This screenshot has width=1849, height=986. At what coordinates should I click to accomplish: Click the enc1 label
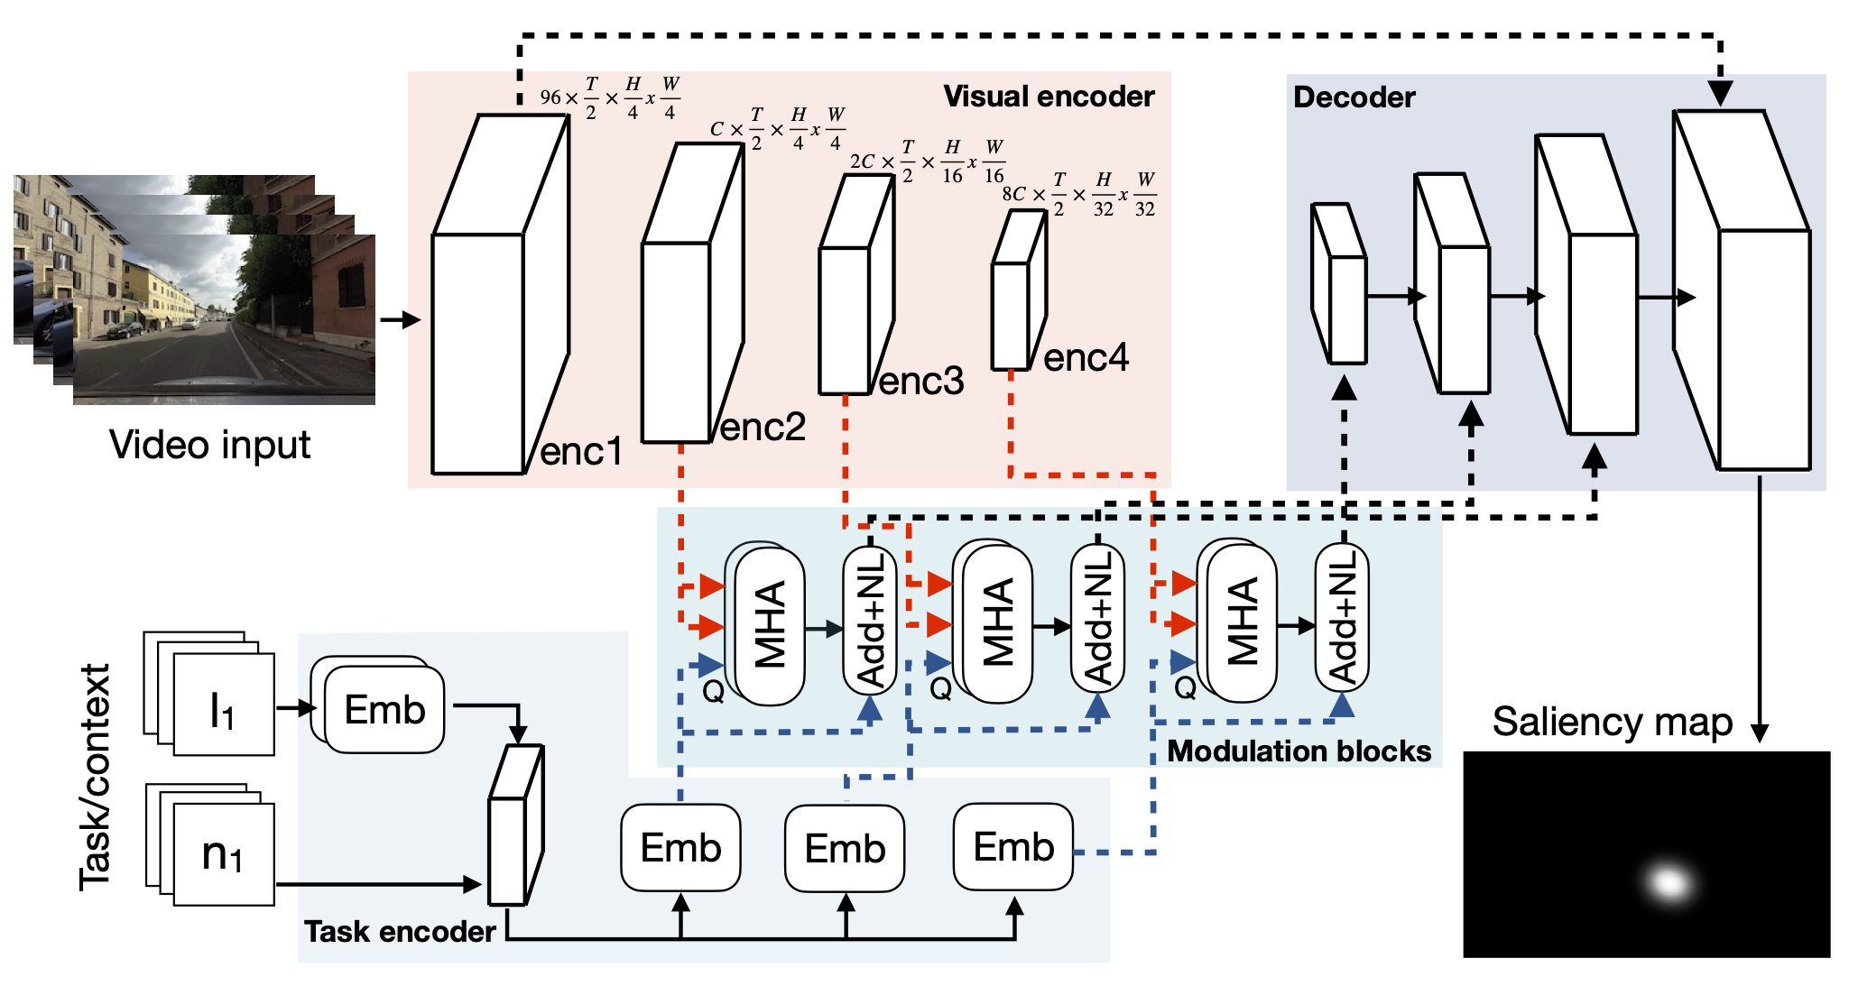(581, 451)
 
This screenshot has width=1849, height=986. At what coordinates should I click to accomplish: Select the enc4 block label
(1086, 358)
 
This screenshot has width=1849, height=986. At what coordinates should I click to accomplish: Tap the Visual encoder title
(1049, 97)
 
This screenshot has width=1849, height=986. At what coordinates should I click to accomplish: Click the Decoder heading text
(1354, 97)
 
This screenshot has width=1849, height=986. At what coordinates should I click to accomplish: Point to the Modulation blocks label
(1299, 751)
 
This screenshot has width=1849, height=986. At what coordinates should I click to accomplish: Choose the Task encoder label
(400, 931)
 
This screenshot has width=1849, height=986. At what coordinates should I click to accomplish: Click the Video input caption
(209, 445)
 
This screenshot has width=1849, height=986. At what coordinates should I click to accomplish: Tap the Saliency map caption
(1612, 722)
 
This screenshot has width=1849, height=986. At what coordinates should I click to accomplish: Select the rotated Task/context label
(95, 778)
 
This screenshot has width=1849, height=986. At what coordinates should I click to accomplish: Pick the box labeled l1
(223, 705)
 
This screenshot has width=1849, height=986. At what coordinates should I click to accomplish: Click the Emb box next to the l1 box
(384, 710)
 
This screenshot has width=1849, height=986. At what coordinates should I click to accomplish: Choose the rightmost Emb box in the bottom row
(1013, 847)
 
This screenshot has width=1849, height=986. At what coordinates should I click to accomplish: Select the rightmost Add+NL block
(1342, 618)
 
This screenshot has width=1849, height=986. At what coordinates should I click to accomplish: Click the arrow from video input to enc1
(401, 319)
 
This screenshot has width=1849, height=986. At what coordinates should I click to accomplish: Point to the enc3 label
(920, 382)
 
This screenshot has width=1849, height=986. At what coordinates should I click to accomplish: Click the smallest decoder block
(1340, 284)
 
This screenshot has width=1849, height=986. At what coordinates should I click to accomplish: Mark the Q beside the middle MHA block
(940, 689)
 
